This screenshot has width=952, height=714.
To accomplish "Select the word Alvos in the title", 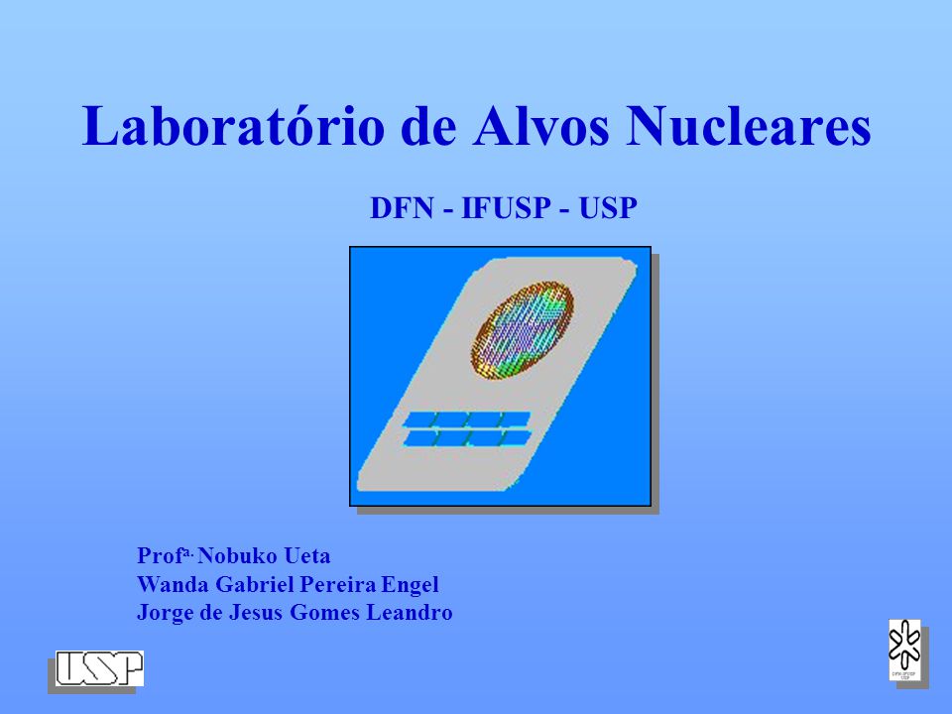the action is pos(541,126).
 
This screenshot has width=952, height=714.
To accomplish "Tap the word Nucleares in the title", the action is pos(749,126).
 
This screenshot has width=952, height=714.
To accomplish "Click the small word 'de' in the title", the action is pos(428,126).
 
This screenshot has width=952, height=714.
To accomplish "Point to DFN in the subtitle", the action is pos(402,208).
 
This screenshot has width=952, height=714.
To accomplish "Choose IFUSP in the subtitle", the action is pos(506,208).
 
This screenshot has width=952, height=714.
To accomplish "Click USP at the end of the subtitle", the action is pos(608,208).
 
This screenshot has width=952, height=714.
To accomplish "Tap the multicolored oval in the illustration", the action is pos(523,329).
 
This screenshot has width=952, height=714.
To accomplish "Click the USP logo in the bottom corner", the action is pos(99,668).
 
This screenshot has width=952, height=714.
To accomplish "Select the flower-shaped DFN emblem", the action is pos(904,650).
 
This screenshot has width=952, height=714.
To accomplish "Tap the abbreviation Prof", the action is pos(160,555).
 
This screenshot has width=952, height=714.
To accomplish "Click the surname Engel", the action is pos(410,585).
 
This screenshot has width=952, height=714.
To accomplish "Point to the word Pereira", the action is pos(338,584).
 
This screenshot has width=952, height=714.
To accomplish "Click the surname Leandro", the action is pos(410,612).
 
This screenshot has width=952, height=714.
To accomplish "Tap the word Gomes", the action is pos(325,612).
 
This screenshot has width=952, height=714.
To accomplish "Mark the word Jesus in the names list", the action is pos(256,612).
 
